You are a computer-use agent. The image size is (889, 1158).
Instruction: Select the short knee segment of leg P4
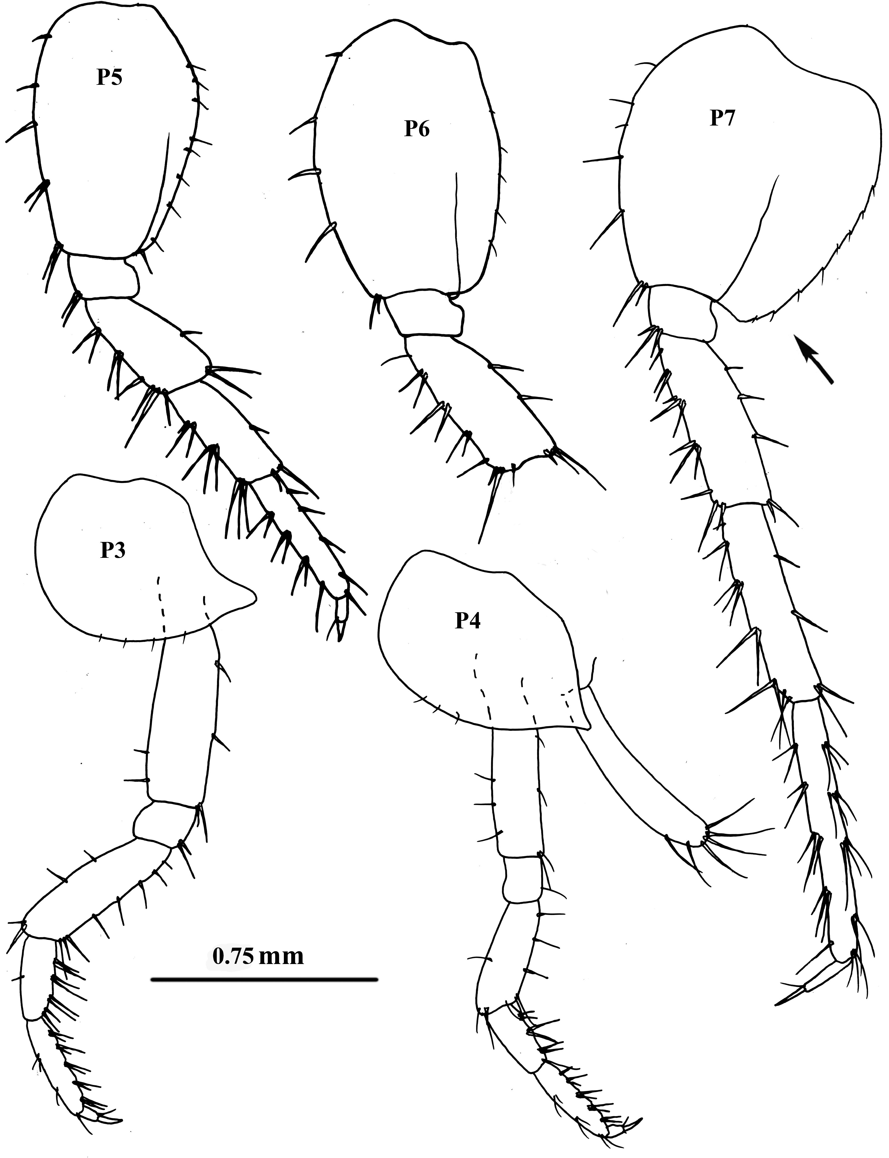click(521, 878)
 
